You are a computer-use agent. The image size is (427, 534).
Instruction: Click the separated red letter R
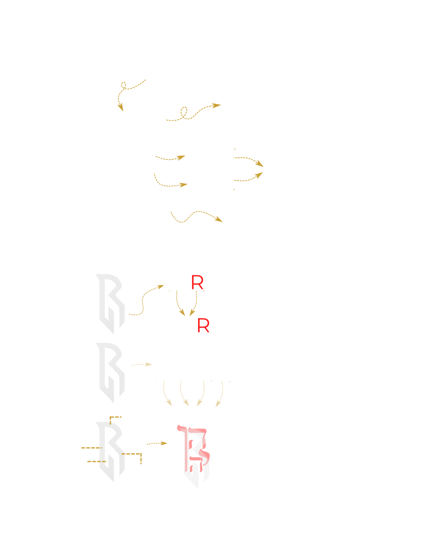tap(197, 283)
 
